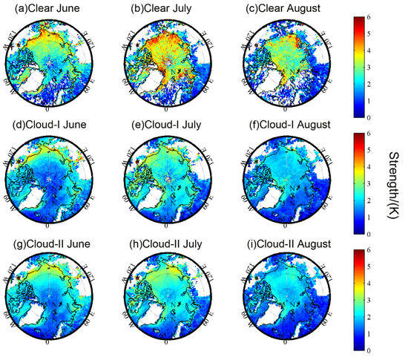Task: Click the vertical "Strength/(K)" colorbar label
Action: [x=393, y=182]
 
